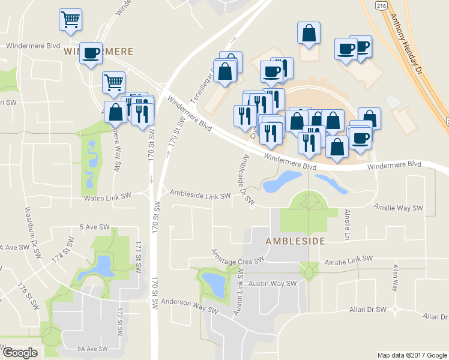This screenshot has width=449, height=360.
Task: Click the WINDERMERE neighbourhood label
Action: pyautogui.click(x=98, y=52)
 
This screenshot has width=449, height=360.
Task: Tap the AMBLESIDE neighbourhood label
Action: pyautogui.click(x=295, y=241)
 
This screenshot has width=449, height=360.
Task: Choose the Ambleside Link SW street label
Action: pyautogui.click(x=200, y=194)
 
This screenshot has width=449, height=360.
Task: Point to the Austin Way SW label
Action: pyautogui.click(x=274, y=284)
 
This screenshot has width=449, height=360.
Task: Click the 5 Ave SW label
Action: pyautogui.click(x=95, y=227)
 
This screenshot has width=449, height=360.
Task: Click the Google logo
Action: pyautogui.click(x=20, y=353)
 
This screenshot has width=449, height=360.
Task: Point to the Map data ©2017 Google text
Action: pyautogui.click(x=412, y=355)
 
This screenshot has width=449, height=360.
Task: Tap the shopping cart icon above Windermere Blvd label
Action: pyautogui.click(x=71, y=20)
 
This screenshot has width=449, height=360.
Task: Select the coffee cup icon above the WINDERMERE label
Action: pyautogui.click(x=91, y=53)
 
